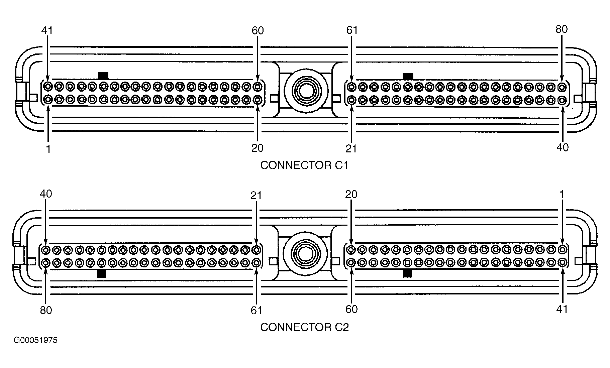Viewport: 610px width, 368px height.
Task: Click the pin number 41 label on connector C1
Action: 47,30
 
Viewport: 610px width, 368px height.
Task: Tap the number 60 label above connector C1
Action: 258,31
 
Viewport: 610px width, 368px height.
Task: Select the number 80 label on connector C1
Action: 562,29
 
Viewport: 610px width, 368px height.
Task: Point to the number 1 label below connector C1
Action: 48,149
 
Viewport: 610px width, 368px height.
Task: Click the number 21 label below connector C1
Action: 351,148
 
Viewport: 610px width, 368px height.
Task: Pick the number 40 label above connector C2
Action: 46,194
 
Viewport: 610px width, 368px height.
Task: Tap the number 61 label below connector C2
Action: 256,311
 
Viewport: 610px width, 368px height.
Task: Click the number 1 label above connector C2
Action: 562,194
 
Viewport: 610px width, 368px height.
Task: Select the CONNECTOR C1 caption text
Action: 304,165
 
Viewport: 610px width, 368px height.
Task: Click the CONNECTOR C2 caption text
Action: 304,327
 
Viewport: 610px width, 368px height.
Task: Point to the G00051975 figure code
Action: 36,341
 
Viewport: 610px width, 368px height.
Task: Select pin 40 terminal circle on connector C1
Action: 562,100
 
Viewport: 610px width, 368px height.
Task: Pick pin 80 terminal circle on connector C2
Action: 46,263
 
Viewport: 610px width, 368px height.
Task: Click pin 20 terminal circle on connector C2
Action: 351,249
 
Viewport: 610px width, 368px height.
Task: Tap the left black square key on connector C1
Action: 103,76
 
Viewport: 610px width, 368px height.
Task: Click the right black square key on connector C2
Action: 407,274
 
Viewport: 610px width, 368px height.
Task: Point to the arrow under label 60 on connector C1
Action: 258,58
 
